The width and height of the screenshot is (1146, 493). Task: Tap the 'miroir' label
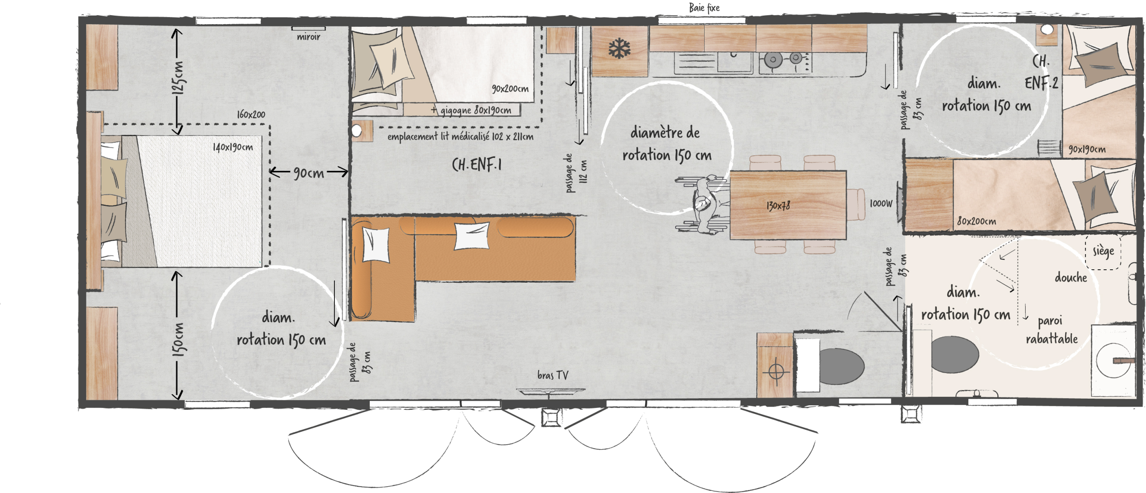tap(308, 37)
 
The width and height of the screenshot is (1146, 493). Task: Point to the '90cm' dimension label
tap(308, 173)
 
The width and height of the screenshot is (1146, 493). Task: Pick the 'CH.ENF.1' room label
tap(477, 165)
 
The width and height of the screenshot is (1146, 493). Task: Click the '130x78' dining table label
tap(778, 206)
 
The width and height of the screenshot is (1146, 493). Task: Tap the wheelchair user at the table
tap(703, 204)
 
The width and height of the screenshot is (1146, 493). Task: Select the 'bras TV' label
tap(553, 375)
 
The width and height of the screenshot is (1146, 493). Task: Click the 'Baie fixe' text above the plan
tap(704, 8)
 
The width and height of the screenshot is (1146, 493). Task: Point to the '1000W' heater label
tap(881, 204)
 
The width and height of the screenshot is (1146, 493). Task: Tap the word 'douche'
tap(1071, 277)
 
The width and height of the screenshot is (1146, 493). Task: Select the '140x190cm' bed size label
tap(233, 147)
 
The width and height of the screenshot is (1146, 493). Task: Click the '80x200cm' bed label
tap(977, 221)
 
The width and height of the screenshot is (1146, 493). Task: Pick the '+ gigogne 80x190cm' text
tap(471, 110)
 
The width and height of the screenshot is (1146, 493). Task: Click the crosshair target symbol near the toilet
tap(776, 371)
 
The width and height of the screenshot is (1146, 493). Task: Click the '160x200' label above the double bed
tap(251, 114)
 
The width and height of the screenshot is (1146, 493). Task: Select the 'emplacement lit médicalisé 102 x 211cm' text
tap(461, 136)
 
